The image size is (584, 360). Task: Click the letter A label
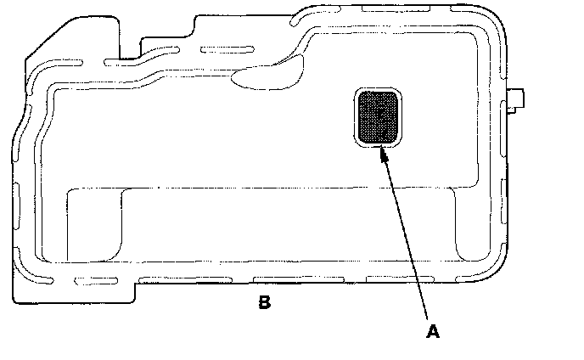[x=433, y=332]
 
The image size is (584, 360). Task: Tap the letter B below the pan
[x=265, y=302]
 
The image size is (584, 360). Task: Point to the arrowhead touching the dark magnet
[x=384, y=154]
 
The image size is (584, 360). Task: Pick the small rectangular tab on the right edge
[x=515, y=101]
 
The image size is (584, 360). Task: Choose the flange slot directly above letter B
[x=280, y=279]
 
